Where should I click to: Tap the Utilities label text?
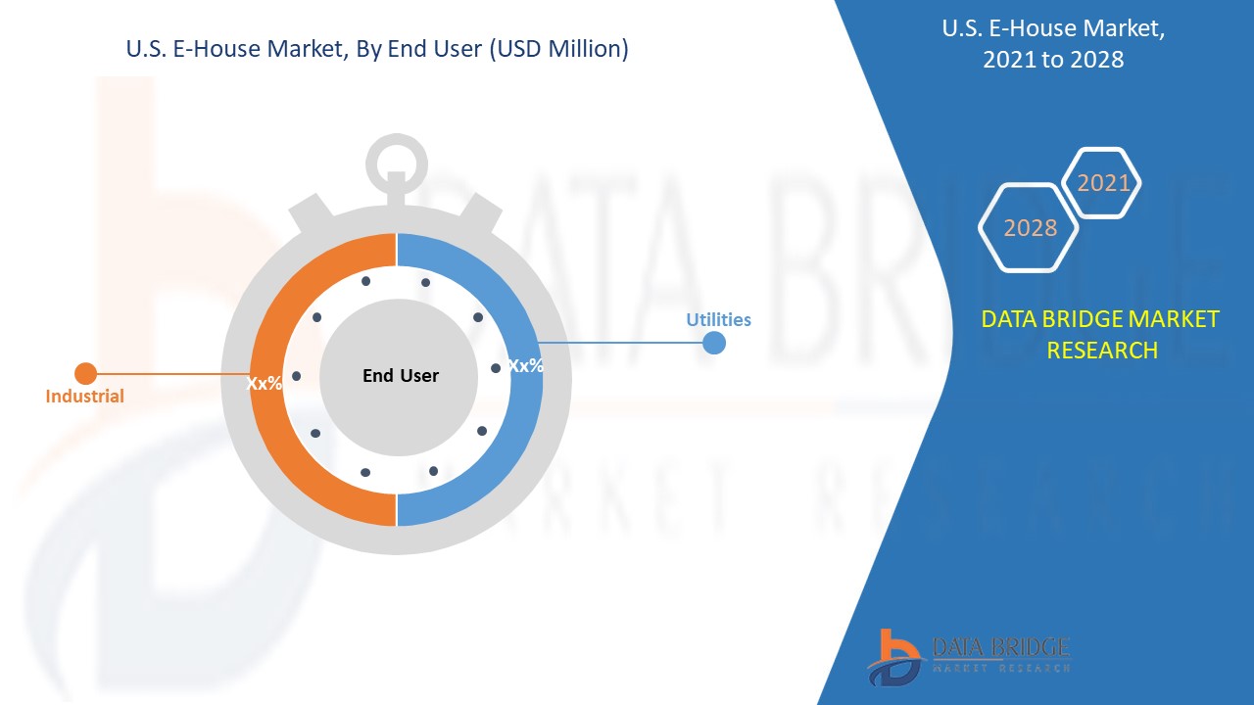[718, 319]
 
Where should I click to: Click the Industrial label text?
[85, 397]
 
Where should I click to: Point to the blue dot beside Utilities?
[714, 343]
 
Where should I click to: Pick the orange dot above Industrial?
[86, 373]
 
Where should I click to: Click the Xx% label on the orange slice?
[264, 384]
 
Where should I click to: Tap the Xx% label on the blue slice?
[526, 365]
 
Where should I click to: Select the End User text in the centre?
[401, 375]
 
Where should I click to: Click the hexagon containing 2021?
[1102, 183]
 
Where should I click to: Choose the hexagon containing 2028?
[1030, 227]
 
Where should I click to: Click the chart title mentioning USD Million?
[377, 48]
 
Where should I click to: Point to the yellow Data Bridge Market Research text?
[1100, 334]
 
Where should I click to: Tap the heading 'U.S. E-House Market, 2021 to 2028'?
[1053, 44]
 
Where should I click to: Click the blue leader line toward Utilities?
[627, 343]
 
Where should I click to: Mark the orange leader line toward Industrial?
[167, 373]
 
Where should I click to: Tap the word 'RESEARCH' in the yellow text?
[1102, 350]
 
